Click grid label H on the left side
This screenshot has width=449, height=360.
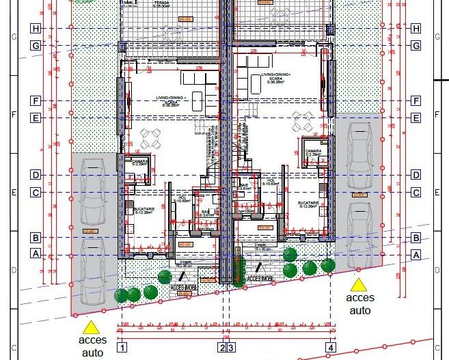36,28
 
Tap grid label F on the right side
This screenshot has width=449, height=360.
415,100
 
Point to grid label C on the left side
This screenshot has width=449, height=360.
36,193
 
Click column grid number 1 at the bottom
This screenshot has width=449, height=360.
122,348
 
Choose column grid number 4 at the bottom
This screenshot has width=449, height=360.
331,348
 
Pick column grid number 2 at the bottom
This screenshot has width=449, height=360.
221,348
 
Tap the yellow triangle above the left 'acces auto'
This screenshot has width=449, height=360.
90,327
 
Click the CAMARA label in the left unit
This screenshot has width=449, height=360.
139,161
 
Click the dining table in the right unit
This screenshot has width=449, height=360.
301,122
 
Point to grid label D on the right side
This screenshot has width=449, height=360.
415,175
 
